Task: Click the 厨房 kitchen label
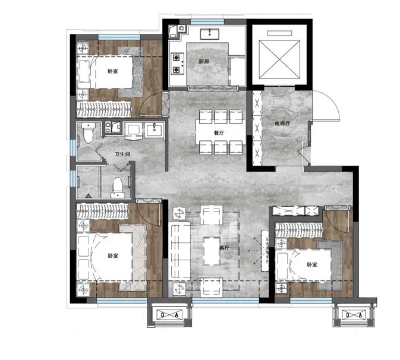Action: point(204,61)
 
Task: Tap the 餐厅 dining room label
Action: point(219,133)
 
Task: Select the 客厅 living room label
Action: point(224,248)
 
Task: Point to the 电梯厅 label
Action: point(282,124)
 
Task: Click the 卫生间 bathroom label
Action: point(122,154)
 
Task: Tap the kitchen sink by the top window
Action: point(210,34)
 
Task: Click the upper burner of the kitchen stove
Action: point(177,58)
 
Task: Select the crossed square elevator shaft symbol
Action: point(279,59)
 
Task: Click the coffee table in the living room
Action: point(212,251)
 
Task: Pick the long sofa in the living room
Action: point(179,251)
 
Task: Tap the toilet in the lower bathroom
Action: point(118,188)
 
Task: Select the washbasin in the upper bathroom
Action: point(155,130)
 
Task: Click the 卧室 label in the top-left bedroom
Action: point(112,71)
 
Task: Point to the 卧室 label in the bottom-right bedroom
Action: point(311,264)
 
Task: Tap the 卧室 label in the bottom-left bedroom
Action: point(113,255)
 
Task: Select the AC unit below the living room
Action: point(169,315)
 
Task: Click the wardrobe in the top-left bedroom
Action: point(105,109)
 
